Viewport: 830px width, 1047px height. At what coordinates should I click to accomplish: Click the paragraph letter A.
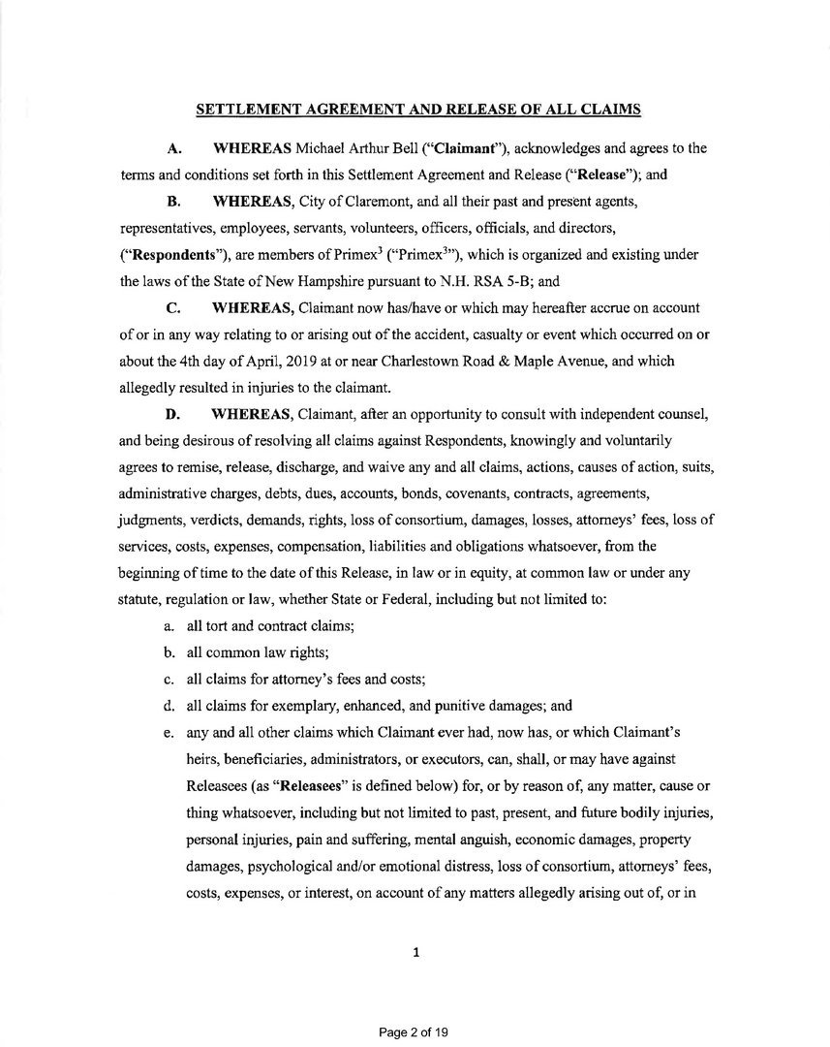coord(175,148)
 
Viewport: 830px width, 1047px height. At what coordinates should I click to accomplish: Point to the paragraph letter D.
coord(175,414)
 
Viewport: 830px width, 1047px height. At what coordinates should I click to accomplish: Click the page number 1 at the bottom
coord(415,952)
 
